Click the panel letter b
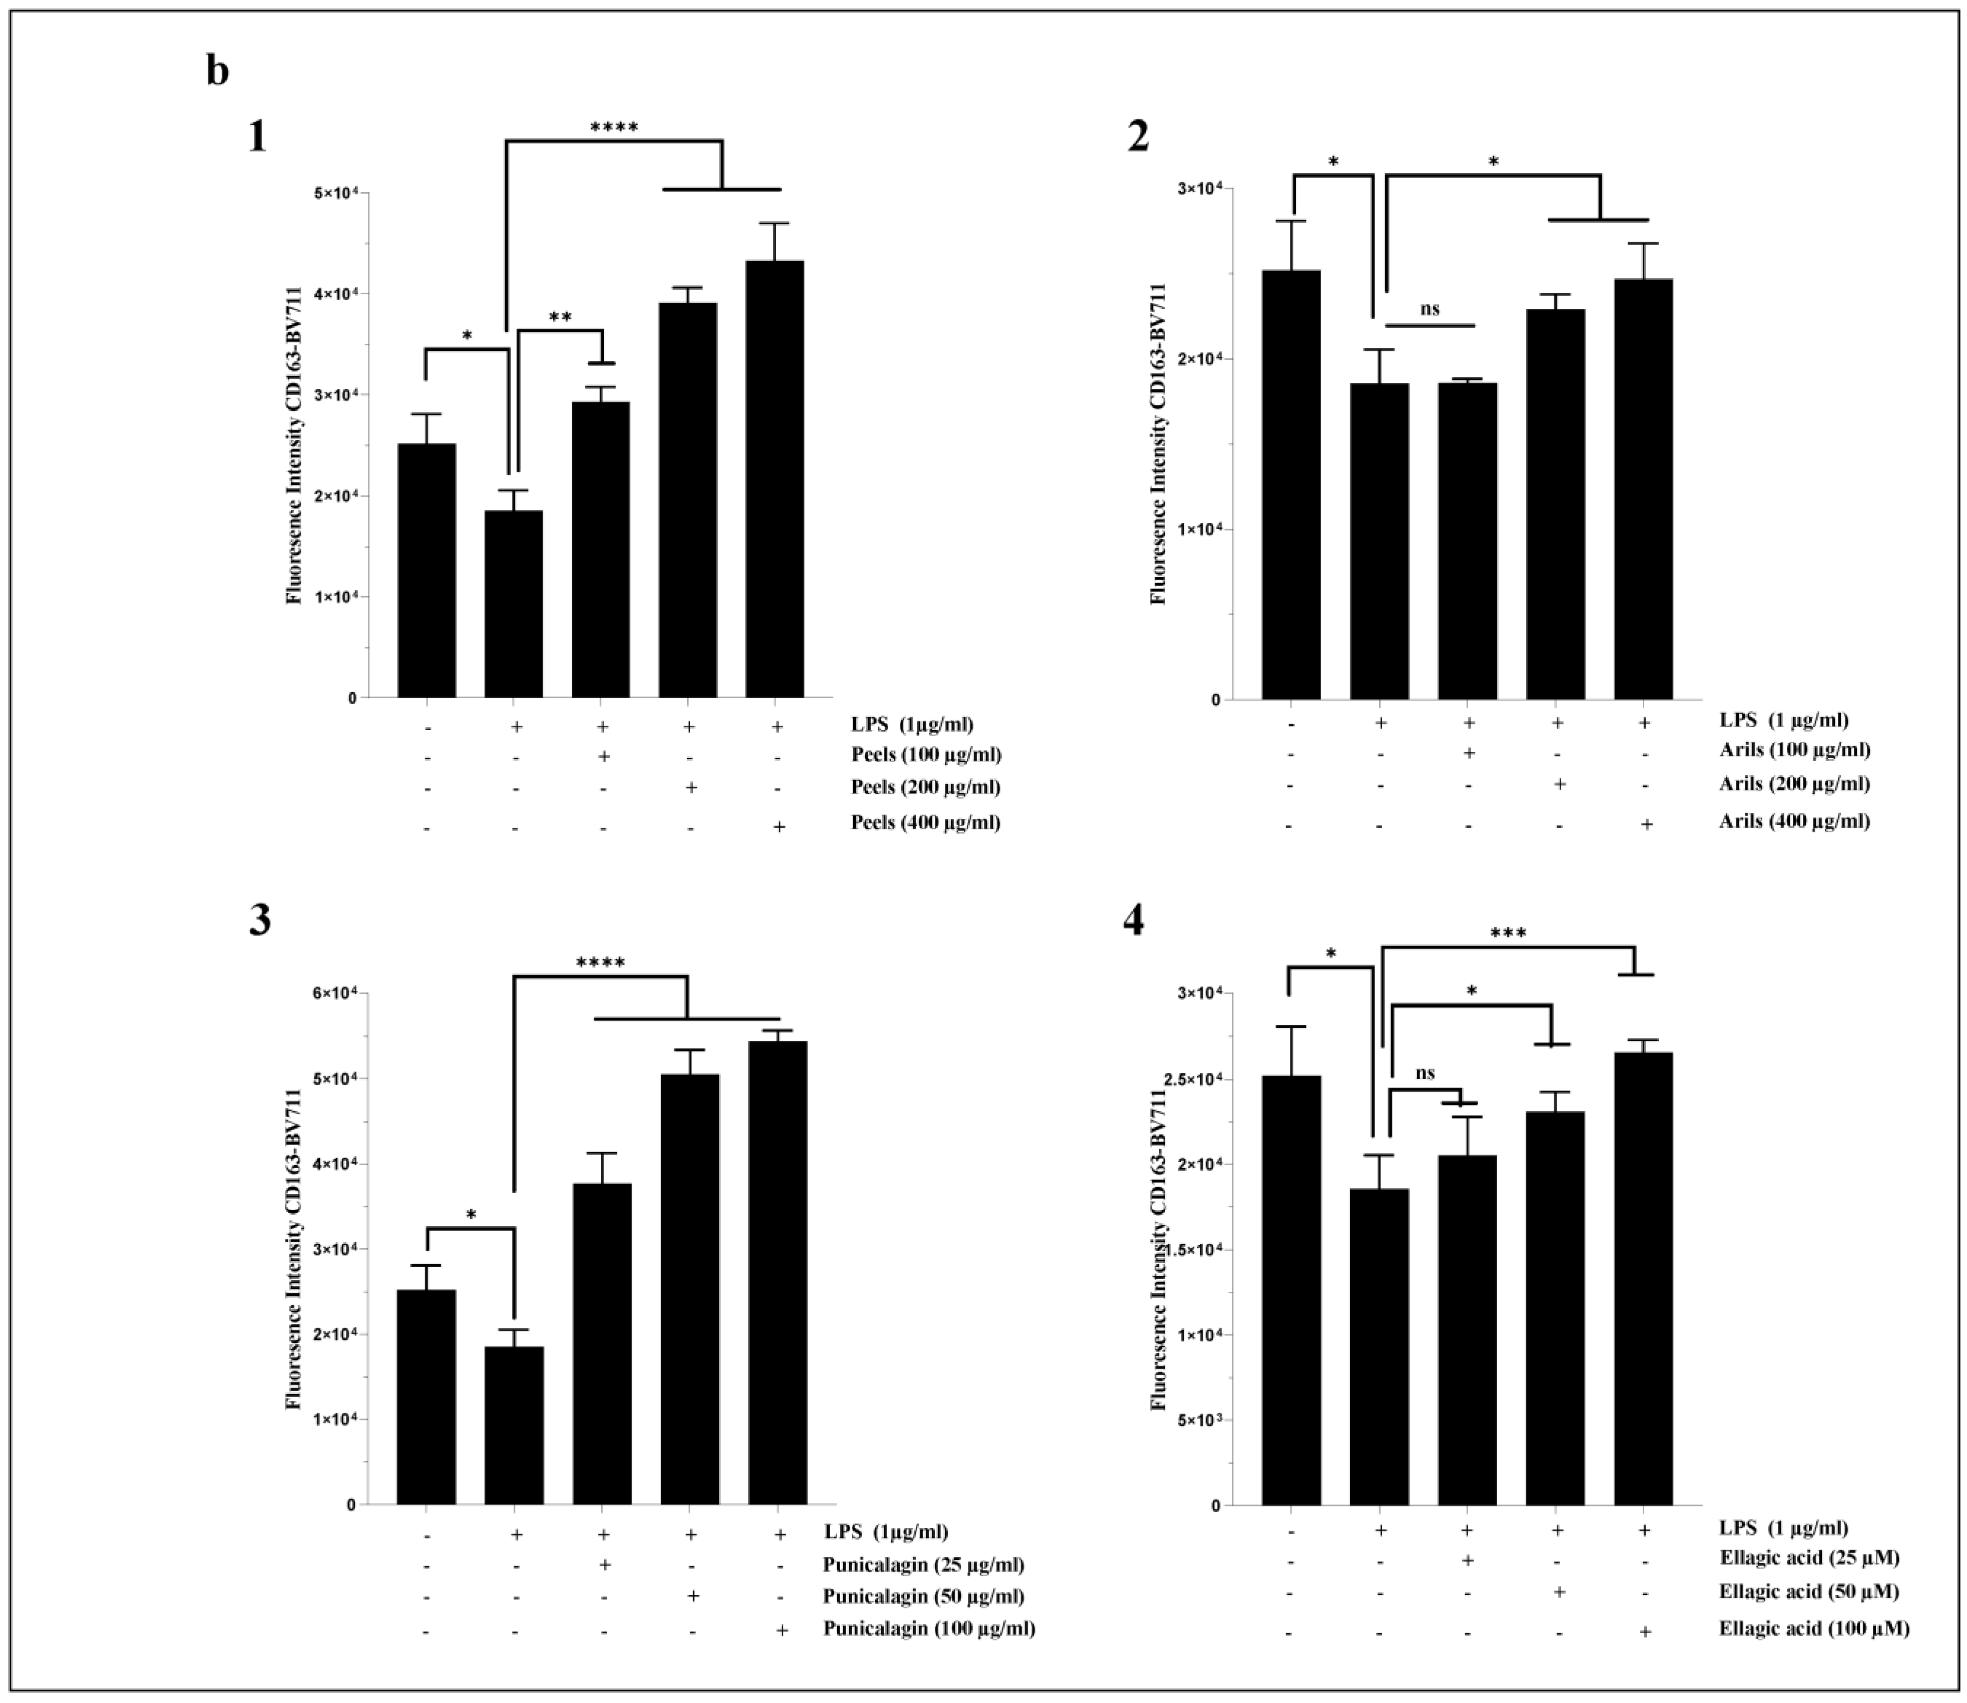coord(217,71)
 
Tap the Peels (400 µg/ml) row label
coord(925,822)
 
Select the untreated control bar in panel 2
coord(1290,484)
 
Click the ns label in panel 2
coord(1429,309)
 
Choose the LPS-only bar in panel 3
coord(514,1425)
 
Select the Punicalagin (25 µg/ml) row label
coord(923,1564)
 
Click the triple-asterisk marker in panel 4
coord(1508,933)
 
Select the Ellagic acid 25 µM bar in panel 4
coord(1467,1331)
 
